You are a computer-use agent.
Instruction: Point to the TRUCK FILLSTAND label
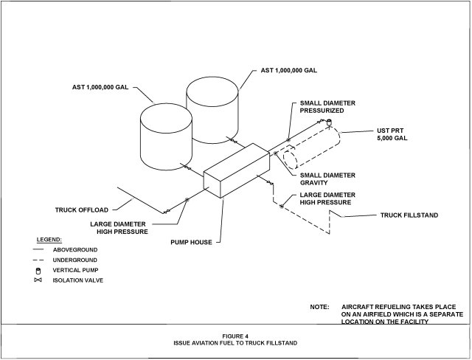[x=409, y=215]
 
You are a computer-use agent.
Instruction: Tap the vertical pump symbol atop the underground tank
[x=329, y=122]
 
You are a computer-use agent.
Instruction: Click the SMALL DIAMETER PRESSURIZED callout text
[x=327, y=108]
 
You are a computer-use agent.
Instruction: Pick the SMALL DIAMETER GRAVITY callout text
[x=327, y=179]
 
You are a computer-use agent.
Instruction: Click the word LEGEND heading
[x=49, y=240]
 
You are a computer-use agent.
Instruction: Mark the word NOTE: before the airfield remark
[x=319, y=306]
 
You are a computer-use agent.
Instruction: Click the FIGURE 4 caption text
[x=235, y=336]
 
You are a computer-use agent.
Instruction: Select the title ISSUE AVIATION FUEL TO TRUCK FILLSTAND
[x=235, y=344]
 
